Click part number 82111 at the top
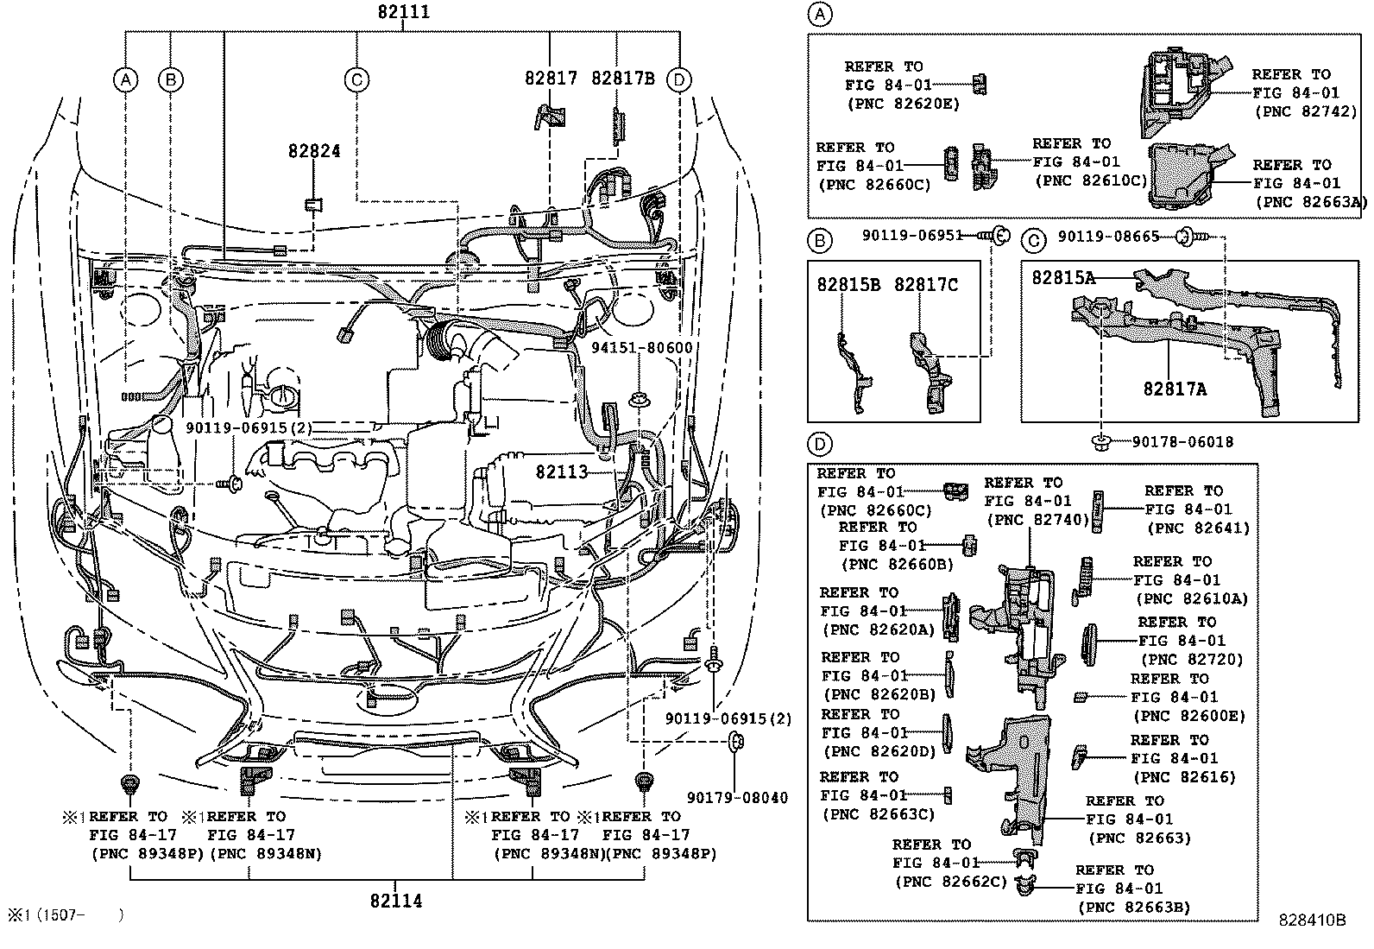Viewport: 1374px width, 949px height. tap(403, 12)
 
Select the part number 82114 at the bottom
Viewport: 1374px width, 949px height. tap(396, 901)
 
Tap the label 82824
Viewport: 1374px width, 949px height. tap(313, 151)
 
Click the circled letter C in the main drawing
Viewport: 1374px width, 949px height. tap(356, 80)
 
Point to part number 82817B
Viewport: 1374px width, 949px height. tap(622, 78)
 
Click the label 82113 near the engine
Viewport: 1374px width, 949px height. tap(561, 472)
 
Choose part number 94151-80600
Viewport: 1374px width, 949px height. tap(641, 348)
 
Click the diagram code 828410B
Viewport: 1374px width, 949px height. tap(1312, 921)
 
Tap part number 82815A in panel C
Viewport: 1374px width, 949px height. tap(1063, 277)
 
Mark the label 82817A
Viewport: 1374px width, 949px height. tap(1175, 389)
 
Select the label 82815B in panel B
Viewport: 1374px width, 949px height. tap(848, 285)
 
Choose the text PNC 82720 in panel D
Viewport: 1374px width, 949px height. tap(1190, 660)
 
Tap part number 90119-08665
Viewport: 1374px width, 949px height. tap(1108, 236)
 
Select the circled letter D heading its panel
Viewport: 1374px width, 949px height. tap(819, 445)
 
